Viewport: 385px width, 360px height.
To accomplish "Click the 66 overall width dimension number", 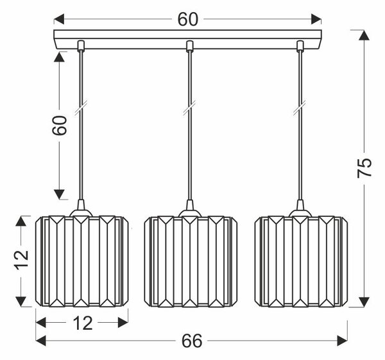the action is pyautogui.click(x=192, y=341).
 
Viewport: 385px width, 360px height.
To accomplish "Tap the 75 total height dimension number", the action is pyautogui.click(x=364, y=168).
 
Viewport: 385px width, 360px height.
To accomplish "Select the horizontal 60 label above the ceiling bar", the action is pyautogui.click(x=187, y=19).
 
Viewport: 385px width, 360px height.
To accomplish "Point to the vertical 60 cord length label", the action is pyautogui.click(x=60, y=125).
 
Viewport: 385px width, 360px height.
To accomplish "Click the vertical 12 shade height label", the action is pyautogui.click(x=22, y=260).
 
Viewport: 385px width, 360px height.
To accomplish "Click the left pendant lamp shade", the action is pyautogui.click(x=81, y=261).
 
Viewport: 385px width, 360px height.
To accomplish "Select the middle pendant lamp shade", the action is pyautogui.click(x=191, y=261).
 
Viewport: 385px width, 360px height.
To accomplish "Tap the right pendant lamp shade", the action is pyautogui.click(x=301, y=261).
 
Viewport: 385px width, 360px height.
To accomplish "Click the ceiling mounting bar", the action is pyautogui.click(x=187, y=39).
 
